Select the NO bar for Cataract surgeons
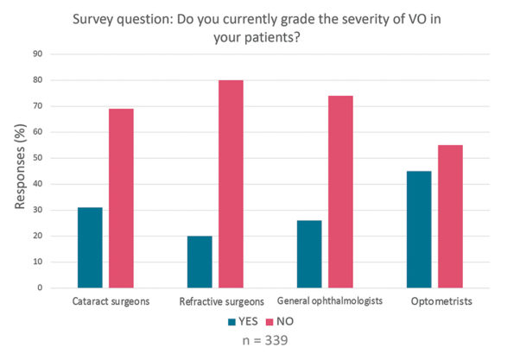click(121, 198)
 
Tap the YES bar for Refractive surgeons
click(200, 262)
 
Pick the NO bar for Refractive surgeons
click(231, 183)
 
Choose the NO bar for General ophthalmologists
click(340, 191)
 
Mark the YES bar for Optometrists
click(419, 229)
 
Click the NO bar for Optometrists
click(450, 216)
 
